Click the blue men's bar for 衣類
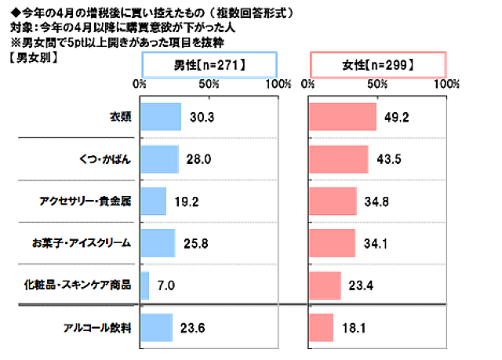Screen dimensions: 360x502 click(x=160, y=117)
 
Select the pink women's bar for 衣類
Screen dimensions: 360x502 click(x=343, y=117)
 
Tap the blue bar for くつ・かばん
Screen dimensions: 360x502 click(x=158, y=159)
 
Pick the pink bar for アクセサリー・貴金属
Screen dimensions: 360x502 click(x=333, y=202)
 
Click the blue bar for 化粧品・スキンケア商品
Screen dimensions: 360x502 click(x=144, y=285)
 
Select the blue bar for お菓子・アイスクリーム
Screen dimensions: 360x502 click(x=157, y=243)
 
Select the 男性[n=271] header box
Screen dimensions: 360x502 click(x=209, y=64)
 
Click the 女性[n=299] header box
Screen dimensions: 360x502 click(x=378, y=64)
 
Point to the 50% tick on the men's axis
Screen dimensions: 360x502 click(x=209, y=82)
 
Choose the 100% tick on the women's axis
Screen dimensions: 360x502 click(x=446, y=82)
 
